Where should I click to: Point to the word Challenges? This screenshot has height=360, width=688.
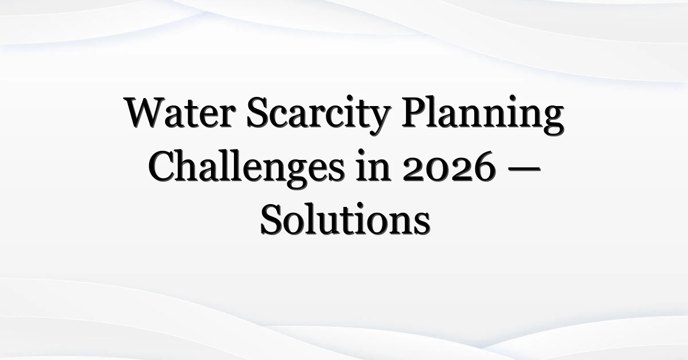coord(247,168)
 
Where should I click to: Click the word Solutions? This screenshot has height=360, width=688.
coord(345,220)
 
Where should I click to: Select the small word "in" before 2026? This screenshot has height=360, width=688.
coord(373,166)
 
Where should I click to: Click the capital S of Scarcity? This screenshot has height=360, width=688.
coord(257,112)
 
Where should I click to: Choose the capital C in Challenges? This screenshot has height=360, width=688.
coord(162,166)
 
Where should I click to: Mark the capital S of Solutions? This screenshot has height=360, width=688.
coord(271,220)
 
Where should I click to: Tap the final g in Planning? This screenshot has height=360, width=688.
coord(553,121)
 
